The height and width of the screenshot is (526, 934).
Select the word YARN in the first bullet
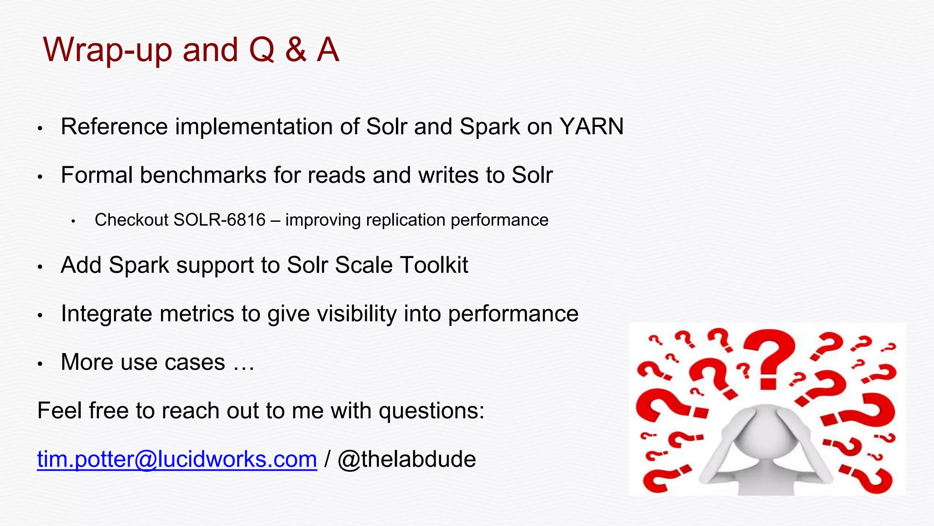pos(592,126)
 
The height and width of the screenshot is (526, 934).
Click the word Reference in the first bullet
pos(114,126)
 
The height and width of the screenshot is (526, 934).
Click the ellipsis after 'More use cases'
pos(244,363)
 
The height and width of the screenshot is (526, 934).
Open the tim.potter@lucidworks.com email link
pos(177,459)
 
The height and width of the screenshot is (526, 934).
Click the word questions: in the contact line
pos(431,410)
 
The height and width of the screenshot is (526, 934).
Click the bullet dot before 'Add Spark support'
pos(40,267)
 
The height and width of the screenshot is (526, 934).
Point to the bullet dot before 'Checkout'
pos(73,221)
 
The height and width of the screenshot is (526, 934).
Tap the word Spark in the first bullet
pos(489,126)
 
